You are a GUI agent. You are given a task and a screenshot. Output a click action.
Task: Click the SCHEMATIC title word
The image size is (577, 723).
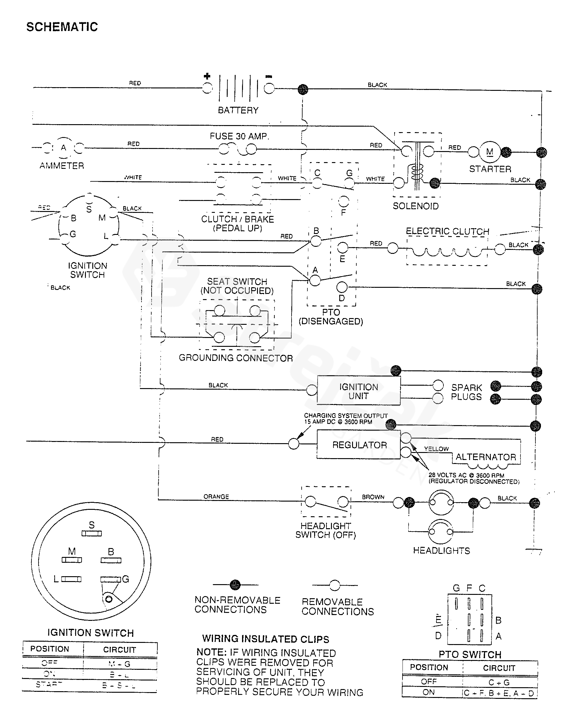click(62, 27)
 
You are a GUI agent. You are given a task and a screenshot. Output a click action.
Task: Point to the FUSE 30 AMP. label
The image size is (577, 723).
click(239, 136)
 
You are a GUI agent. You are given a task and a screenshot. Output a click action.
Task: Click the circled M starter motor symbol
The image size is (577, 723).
click(490, 152)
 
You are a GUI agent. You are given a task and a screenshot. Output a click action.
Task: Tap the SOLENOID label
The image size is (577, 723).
click(416, 206)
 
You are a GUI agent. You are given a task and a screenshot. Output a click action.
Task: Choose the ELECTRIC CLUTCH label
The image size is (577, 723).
click(447, 232)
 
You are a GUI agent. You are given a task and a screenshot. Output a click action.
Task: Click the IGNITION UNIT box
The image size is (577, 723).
click(358, 391)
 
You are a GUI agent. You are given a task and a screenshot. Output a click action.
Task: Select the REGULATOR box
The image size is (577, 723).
click(359, 445)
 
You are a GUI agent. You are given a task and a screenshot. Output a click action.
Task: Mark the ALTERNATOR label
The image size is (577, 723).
click(486, 457)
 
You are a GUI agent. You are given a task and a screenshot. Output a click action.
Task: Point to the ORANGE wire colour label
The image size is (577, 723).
click(216, 496)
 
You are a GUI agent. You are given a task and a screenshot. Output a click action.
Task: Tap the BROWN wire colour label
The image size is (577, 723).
click(373, 497)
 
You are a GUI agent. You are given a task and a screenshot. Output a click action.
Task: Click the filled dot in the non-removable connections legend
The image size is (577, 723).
click(235, 584)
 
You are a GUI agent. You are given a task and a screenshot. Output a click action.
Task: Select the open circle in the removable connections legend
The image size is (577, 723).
click(334, 585)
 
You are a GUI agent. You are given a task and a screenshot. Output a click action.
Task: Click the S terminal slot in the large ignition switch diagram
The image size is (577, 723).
click(91, 533)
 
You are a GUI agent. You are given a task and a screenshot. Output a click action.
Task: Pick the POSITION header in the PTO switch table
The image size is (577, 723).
click(429, 667)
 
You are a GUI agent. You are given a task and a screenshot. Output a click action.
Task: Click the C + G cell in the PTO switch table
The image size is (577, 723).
click(498, 682)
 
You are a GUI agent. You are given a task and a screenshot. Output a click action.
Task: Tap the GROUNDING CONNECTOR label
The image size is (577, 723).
click(236, 358)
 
